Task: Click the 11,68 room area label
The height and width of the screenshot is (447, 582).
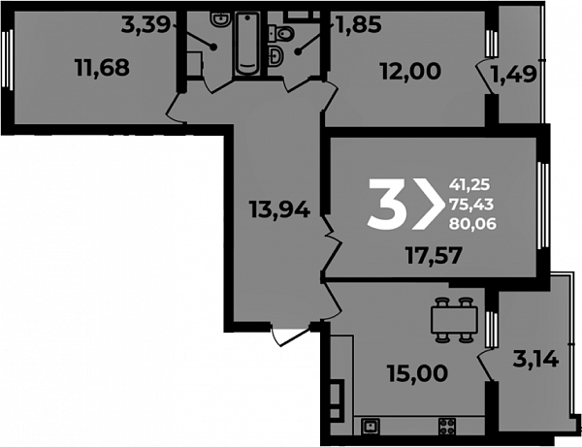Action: [x=102, y=68]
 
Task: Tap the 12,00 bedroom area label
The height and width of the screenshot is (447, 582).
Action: [x=411, y=71]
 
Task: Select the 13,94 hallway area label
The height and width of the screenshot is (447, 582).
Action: [x=279, y=209]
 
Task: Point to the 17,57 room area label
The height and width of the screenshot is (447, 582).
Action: [x=435, y=255]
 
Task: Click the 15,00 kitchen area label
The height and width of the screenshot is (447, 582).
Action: [x=417, y=373]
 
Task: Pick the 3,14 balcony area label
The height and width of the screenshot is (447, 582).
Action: [x=535, y=359]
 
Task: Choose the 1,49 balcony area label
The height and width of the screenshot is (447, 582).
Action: [x=514, y=74]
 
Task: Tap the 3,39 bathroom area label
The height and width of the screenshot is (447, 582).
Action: [x=145, y=25]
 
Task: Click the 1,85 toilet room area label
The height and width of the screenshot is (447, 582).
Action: [x=359, y=25]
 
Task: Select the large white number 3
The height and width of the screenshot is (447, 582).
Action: [x=385, y=204]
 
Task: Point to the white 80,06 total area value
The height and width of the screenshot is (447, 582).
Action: [x=472, y=223]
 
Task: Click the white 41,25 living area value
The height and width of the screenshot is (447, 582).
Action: [x=469, y=184]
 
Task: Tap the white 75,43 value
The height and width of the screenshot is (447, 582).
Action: [x=471, y=204]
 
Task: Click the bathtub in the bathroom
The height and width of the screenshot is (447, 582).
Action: [x=246, y=45]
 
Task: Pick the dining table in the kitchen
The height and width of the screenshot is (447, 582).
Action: [x=454, y=319]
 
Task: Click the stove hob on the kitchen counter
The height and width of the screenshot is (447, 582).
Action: [x=447, y=427]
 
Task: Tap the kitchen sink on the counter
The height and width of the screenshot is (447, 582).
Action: [x=371, y=427]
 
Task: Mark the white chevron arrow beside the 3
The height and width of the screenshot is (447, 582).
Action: [x=428, y=204]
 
